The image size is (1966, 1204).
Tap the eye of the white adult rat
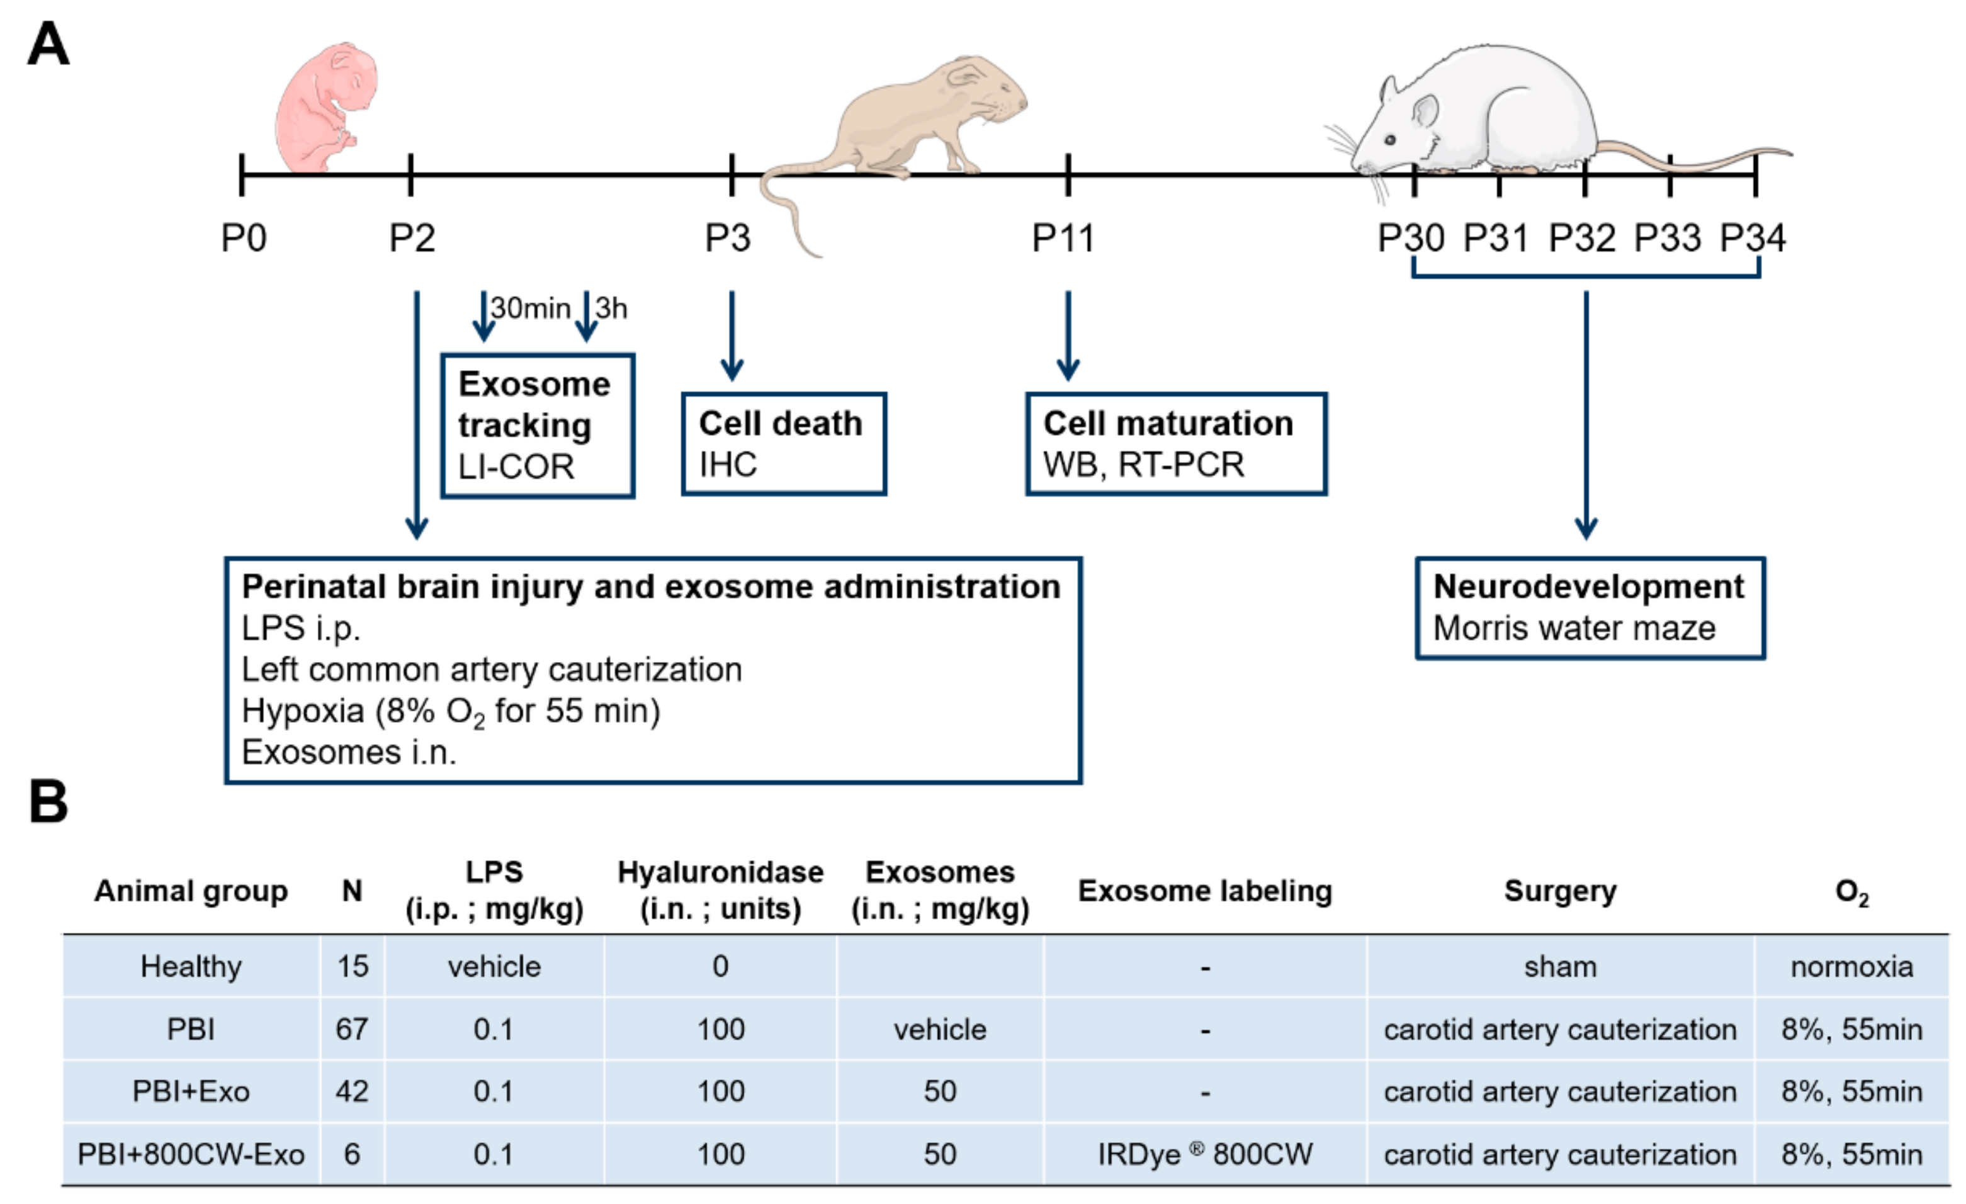tap(1390, 140)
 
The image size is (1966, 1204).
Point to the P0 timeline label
tap(244, 238)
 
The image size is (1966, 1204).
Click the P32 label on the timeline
tap(1582, 238)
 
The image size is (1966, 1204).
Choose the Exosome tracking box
tap(538, 425)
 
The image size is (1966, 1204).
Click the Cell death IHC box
tap(784, 444)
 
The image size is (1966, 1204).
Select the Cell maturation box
tap(1176, 444)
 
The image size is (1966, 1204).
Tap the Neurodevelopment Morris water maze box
tap(1590, 608)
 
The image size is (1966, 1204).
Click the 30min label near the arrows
tap(531, 308)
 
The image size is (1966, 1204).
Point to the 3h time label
tap(612, 308)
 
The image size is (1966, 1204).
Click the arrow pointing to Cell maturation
tap(1068, 335)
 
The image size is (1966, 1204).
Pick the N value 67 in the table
tap(352, 1029)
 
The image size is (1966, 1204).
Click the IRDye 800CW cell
tap(1205, 1154)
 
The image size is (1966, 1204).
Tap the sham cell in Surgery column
tap(1560, 967)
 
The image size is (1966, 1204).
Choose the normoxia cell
tap(1851, 967)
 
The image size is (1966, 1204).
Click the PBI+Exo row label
tap(191, 1091)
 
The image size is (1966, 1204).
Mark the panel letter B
tap(48, 802)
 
